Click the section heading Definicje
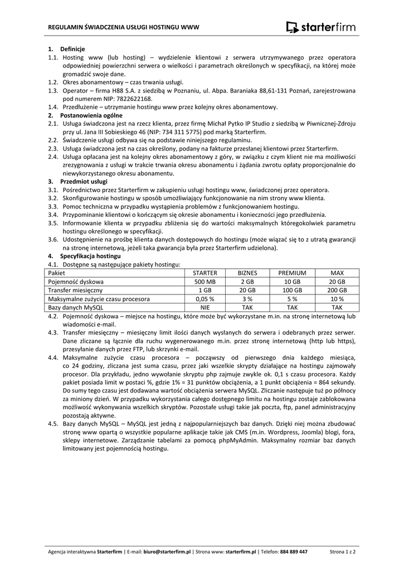(72, 49)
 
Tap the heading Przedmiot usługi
(84, 181)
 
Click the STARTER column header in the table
(205, 273)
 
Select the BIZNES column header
(247, 273)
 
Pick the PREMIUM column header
(293, 273)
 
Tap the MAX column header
(337, 273)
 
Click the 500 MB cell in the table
(205, 282)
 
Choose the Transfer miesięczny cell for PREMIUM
(293, 290)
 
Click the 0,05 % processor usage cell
(205, 299)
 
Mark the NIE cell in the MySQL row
(205, 307)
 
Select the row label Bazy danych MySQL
(76, 307)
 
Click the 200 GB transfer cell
(337, 290)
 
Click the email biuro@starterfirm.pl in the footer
(167, 551)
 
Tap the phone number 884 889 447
(294, 551)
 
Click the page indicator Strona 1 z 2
(343, 551)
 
